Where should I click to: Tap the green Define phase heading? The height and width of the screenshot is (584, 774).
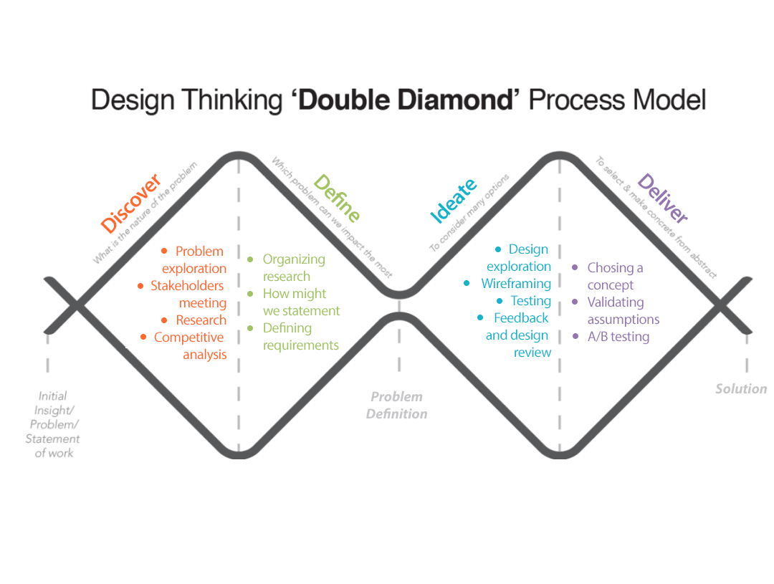pyautogui.click(x=336, y=198)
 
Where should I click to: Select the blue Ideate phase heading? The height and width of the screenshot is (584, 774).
pyautogui.click(x=453, y=200)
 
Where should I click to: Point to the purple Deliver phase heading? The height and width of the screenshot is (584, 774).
pyautogui.click(x=662, y=199)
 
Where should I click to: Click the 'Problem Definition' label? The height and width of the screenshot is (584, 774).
pyautogui.click(x=396, y=405)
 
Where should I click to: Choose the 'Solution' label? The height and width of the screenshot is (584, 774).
pyautogui.click(x=741, y=389)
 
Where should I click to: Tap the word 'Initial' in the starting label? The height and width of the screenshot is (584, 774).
pyautogui.click(x=53, y=396)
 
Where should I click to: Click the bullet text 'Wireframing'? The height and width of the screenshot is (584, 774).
pyautogui.click(x=516, y=283)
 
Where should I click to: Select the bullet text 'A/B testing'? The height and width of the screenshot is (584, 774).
pyautogui.click(x=618, y=336)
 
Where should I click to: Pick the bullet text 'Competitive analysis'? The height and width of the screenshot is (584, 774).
pyautogui.click(x=190, y=345)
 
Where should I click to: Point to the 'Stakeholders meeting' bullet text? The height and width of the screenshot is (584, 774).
pyautogui.click(x=188, y=295)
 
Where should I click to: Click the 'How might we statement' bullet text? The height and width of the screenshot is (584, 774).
pyautogui.click(x=301, y=302)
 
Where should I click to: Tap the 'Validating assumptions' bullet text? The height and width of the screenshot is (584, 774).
pyautogui.click(x=623, y=310)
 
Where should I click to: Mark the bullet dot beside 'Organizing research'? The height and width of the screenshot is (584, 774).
pyautogui.click(x=250, y=259)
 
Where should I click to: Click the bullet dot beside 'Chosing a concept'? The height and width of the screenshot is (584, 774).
pyautogui.click(x=575, y=267)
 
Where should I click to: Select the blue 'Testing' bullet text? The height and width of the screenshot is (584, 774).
pyautogui.click(x=531, y=300)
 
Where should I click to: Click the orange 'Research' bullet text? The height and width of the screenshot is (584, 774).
pyautogui.click(x=201, y=320)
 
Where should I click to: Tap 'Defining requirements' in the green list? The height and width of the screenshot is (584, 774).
pyautogui.click(x=300, y=336)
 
